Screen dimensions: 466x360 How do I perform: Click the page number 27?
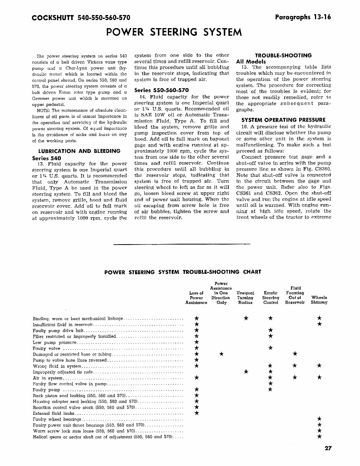click(328, 448)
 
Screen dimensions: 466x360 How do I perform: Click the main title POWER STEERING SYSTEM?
click(174, 32)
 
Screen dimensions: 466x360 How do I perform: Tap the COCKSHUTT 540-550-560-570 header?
click(81, 18)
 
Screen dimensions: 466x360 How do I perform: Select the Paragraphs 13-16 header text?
click(303, 17)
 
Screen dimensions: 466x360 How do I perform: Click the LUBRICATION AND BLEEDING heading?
click(79, 151)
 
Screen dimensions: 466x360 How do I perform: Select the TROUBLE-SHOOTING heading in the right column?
click(284, 55)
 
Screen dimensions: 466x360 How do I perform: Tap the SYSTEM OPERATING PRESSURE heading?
click(283, 120)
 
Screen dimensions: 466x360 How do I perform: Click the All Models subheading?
click(251, 62)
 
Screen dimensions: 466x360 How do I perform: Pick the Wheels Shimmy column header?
click(319, 300)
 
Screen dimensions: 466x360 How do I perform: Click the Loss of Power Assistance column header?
click(196, 298)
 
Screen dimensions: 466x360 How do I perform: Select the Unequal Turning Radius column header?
click(245, 298)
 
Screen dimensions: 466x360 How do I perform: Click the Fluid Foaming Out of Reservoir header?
click(295, 295)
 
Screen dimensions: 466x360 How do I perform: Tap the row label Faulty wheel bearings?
click(57, 419)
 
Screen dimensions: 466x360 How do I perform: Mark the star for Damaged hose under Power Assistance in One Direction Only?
click(221, 354)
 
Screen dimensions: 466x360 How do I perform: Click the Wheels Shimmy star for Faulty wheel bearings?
click(319, 419)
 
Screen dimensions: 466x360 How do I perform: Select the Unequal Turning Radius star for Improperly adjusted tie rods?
click(246, 372)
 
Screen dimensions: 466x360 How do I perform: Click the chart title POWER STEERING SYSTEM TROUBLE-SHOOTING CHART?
click(183, 272)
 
